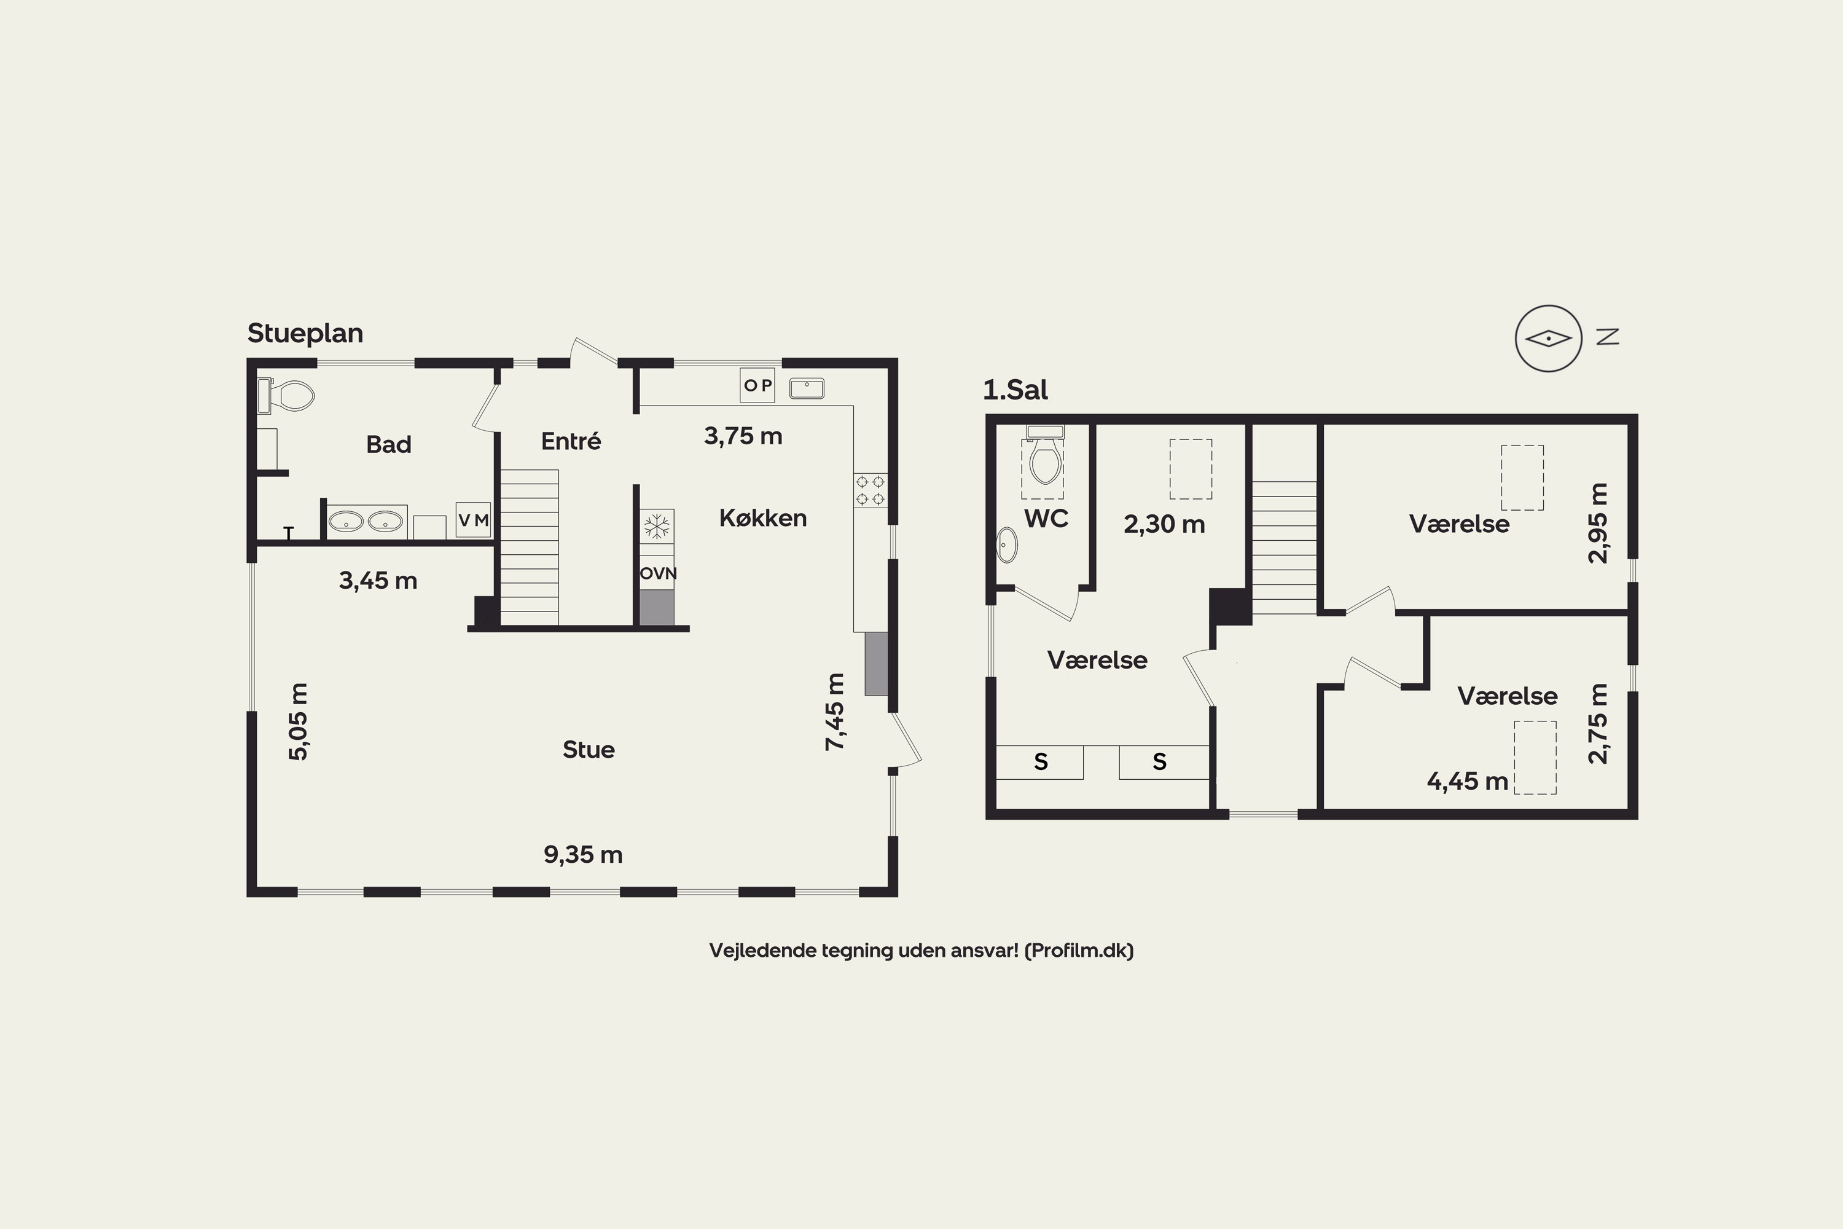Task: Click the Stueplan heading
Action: [x=305, y=334]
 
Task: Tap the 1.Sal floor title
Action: [x=1015, y=390]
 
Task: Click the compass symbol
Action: [x=1548, y=339]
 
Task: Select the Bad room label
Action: [x=389, y=444]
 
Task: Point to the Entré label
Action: [x=571, y=441]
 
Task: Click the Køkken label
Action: [x=763, y=517]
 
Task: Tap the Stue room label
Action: [x=589, y=750]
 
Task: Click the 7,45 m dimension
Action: [x=835, y=712]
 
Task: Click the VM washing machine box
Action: [x=473, y=520]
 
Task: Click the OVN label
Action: [x=658, y=573]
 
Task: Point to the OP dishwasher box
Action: [x=757, y=385]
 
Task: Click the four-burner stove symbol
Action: [x=870, y=490]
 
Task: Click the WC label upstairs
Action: [x=1046, y=518]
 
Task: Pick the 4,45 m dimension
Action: [x=1467, y=782]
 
